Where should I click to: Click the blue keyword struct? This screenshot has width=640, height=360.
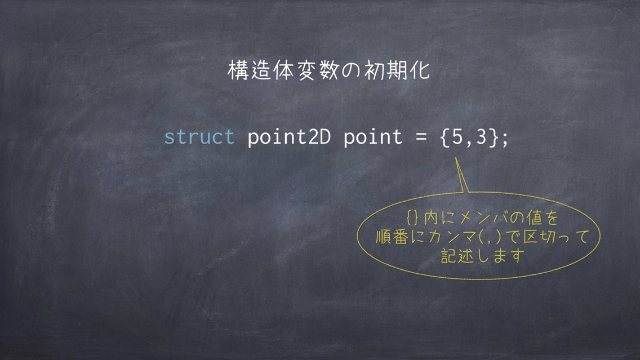(199, 137)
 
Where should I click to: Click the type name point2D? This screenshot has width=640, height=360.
(289, 137)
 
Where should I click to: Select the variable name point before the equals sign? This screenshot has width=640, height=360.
(372, 137)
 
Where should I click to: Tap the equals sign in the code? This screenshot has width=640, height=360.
(421, 137)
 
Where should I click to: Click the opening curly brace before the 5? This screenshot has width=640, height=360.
(445, 137)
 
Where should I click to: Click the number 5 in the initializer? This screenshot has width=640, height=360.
(457, 137)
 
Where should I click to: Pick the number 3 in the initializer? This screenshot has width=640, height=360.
(482, 137)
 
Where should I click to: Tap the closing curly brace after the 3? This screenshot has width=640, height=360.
(494, 137)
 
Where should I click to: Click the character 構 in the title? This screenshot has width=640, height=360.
(238, 70)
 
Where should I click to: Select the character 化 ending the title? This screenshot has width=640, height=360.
(420, 70)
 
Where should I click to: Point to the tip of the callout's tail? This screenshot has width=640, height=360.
(456, 158)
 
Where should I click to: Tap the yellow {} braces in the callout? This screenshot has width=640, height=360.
(412, 217)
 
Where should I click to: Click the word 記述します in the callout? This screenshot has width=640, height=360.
(483, 256)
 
